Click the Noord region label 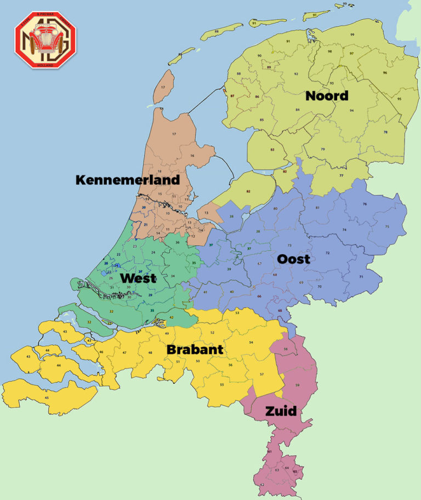(x=327, y=96)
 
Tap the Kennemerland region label (x=128, y=180)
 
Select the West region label (x=138, y=278)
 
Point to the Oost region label (x=293, y=258)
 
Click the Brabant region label (x=195, y=349)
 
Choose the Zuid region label (x=281, y=411)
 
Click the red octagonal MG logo (x=45, y=39)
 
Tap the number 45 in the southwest (x=47, y=398)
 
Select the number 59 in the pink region (x=297, y=386)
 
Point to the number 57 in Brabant (x=262, y=374)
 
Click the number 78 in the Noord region (x=385, y=132)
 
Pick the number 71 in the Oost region (x=361, y=277)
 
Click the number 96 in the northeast (x=385, y=72)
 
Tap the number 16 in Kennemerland (x=192, y=156)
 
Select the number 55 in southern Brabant (x=221, y=384)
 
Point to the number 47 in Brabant (x=124, y=352)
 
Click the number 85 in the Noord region (x=262, y=119)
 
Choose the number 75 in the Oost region (x=387, y=227)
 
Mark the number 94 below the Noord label (x=351, y=110)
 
